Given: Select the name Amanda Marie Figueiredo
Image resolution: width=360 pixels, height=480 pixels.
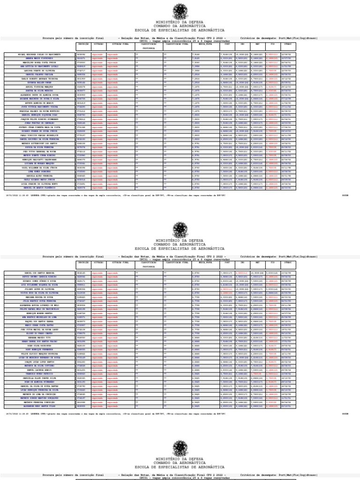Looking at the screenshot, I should point(39,59).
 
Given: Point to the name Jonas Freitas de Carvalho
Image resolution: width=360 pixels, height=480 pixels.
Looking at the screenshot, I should point(39,123).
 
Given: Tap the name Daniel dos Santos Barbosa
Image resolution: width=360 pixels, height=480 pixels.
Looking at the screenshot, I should point(39,272).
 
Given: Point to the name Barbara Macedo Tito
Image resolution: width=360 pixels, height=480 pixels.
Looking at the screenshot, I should point(39,337).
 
